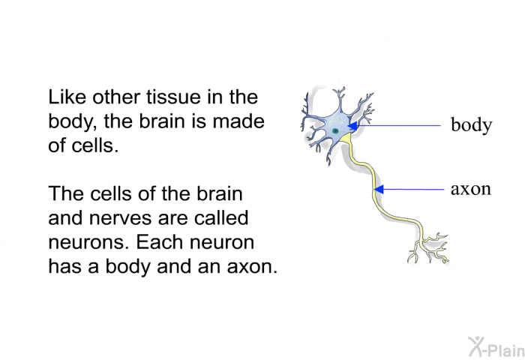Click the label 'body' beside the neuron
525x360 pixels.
point(472,125)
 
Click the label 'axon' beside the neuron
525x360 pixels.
point(471,189)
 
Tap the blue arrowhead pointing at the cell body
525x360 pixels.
point(352,126)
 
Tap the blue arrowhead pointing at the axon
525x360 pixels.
point(379,190)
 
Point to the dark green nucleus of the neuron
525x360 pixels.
point(334,131)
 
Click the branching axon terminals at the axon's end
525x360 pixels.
point(428,248)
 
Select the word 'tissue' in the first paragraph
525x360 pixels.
point(174,97)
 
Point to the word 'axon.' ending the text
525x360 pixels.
point(253,267)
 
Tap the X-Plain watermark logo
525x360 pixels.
point(496,347)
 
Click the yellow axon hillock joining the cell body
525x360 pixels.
point(346,138)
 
